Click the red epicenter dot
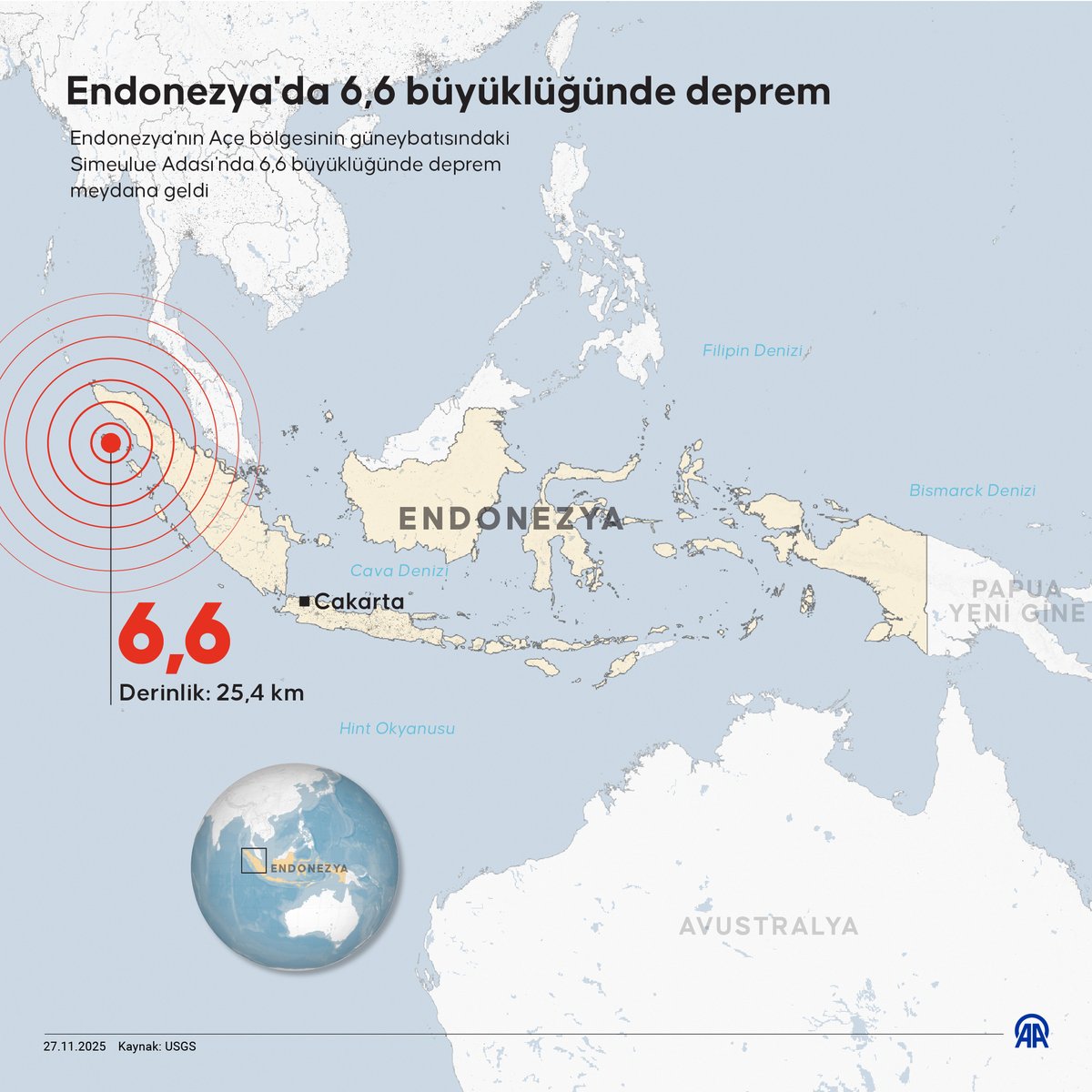[x=110, y=443]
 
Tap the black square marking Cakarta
[x=304, y=602]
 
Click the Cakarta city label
[x=359, y=602]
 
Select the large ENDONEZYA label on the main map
[x=511, y=519]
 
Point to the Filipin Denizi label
[x=752, y=350]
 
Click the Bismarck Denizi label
[x=973, y=490]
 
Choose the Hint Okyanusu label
[x=397, y=729]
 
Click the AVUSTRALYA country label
[x=769, y=926]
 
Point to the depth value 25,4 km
[x=260, y=693]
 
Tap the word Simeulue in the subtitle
[x=112, y=166]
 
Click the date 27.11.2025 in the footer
[x=75, y=1046]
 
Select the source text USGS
[x=180, y=1046]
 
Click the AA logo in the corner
[x=1034, y=1032]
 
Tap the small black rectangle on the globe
[x=253, y=860]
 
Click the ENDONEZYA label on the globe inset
[x=310, y=868]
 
